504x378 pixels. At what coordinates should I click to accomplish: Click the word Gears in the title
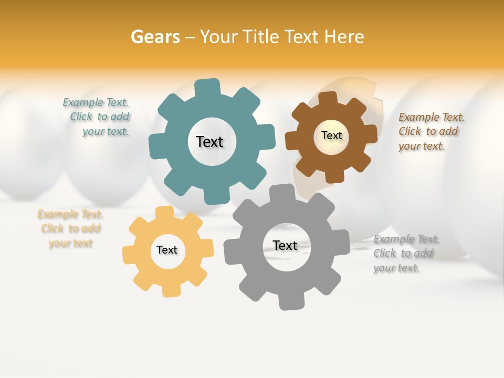pyautogui.click(x=155, y=37)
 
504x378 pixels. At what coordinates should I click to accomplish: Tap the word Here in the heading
pyautogui.click(x=344, y=37)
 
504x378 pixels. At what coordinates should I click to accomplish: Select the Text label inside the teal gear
pyautogui.click(x=209, y=142)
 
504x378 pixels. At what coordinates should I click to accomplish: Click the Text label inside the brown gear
pyautogui.click(x=331, y=135)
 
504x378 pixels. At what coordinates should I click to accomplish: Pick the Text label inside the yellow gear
pyautogui.click(x=167, y=250)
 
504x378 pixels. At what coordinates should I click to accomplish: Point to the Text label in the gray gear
pyautogui.click(x=285, y=245)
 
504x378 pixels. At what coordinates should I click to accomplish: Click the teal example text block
pyautogui.click(x=98, y=117)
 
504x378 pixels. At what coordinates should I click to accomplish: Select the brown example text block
pyautogui.click(x=430, y=131)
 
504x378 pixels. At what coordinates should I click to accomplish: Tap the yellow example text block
pyautogui.click(x=70, y=228)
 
